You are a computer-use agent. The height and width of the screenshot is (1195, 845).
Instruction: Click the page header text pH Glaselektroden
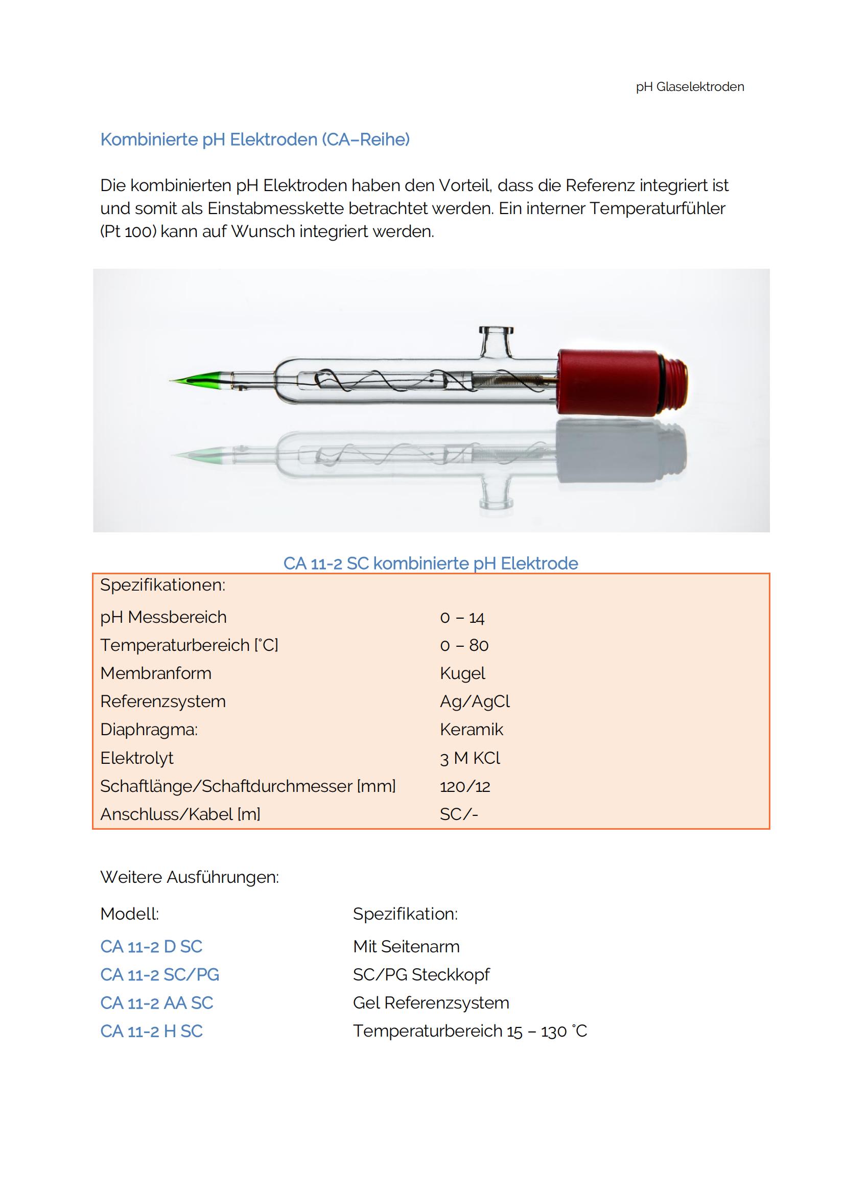(689, 87)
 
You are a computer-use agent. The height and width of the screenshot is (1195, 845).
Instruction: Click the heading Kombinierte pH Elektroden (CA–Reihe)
(255, 139)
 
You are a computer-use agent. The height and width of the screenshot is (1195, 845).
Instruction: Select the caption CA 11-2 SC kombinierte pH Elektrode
(430, 563)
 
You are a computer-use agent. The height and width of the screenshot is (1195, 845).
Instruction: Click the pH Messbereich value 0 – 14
(462, 618)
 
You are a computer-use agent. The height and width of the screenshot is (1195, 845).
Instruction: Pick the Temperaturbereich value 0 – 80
(464, 645)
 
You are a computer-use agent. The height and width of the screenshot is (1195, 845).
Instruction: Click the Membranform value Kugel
(462, 673)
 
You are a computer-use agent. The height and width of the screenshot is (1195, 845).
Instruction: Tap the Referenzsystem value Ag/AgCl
(475, 701)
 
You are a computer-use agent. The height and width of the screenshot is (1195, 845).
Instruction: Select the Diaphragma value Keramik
(472, 730)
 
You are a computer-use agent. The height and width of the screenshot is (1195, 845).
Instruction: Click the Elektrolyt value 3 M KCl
(470, 758)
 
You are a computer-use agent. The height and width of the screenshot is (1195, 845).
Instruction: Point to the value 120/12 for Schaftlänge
(464, 786)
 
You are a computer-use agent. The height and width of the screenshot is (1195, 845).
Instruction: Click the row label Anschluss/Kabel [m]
(180, 814)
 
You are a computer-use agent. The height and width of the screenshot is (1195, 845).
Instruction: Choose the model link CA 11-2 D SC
(151, 946)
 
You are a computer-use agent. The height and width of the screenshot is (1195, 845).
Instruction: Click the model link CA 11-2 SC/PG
(160, 974)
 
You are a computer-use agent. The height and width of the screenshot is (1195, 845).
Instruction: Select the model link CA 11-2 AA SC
(157, 1002)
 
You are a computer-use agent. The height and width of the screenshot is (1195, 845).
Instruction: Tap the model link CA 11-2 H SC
(151, 1030)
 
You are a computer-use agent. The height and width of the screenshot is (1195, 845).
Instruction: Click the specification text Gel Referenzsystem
(431, 1002)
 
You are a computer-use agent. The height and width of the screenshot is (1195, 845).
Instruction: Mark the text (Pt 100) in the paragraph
(128, 231)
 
